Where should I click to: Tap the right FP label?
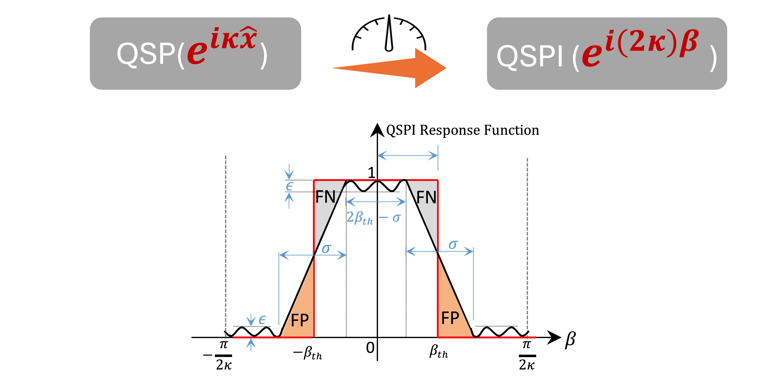pyautogui.click(x=450, y=318)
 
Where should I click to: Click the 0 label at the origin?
pyautogui.click(x=370, y=348)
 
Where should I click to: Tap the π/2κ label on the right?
pyautogui.click(x=527, y=355)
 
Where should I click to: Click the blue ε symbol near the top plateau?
pyautogui.click(x=289, y=186)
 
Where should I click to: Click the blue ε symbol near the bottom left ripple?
pyautogui.click(x=262, y=320)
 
